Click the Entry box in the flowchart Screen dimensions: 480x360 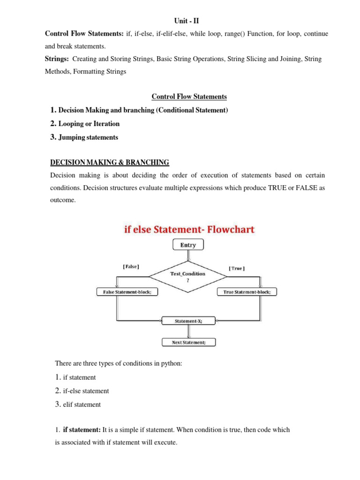point(188,245)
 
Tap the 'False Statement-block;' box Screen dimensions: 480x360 point(127,292)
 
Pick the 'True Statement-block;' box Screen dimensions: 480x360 point(247,292)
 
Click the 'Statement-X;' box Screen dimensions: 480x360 point(188,321)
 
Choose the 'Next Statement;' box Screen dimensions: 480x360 point(188,342)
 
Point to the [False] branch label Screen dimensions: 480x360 point(130,267)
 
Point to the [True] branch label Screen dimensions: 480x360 point(236,268)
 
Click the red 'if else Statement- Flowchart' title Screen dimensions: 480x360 point(189,230)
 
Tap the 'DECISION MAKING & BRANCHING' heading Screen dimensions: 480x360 point(110,162)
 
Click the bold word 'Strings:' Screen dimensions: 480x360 point(57,59)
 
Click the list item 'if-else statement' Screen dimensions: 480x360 point(86,391)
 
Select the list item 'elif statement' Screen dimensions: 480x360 point(82,404)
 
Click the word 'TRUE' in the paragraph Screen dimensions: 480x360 point(275,188)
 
